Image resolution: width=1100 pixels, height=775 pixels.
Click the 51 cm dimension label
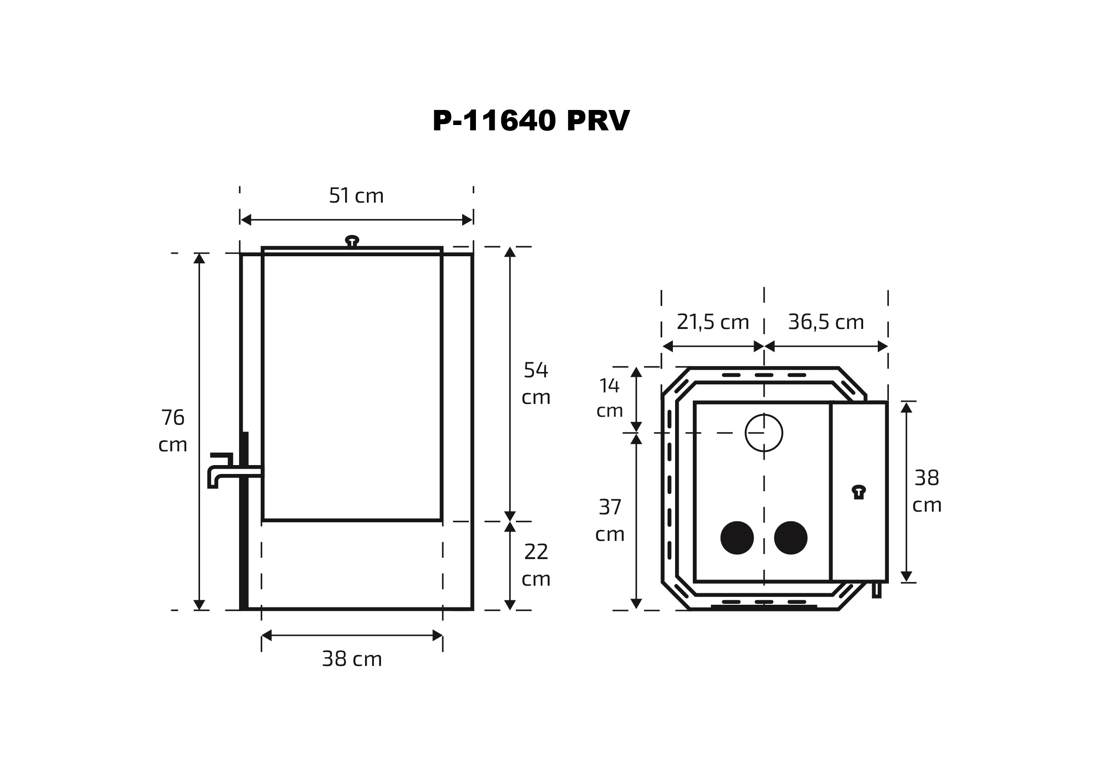tap(356, 196)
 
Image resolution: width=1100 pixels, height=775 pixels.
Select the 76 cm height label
tap(173, 431)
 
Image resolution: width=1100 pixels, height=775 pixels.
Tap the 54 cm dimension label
tap(536, 383)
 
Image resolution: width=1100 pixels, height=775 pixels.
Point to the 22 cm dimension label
tap(536, 565)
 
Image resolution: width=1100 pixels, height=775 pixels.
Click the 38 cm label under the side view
tap(352, 659)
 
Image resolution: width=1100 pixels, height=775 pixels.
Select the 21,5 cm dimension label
tap(712, 322)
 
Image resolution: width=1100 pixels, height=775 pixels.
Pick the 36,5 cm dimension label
tap(826, 322)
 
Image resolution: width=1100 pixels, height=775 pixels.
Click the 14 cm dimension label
tap(609, 398)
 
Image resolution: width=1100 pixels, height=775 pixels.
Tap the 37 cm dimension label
tap(609, 520)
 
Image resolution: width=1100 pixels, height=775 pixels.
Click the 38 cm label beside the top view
tap(927, 491)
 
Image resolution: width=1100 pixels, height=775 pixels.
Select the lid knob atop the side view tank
tap(352, 241)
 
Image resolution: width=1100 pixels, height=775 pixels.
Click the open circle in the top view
tap(764, 433)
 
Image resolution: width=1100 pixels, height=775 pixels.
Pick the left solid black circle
tap(737, 538)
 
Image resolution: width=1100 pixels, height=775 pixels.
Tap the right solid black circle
tap(790, 538)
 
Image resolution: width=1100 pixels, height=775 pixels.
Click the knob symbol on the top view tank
tap(859, 493)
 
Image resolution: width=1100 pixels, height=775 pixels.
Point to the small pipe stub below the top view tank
tap(876, 590)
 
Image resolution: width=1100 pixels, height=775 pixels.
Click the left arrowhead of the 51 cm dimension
tap(246, 220)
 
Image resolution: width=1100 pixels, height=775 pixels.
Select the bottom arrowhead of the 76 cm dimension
tap(199, 605)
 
